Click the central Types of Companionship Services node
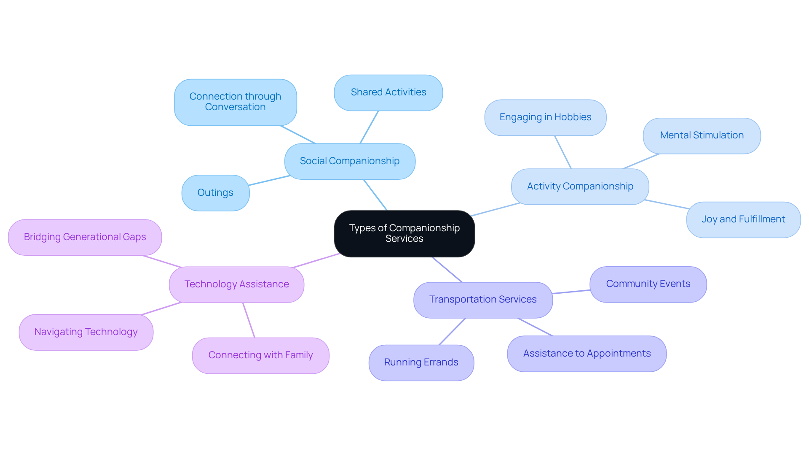click(x=404, y=233)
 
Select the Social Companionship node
click(x=350, y=161)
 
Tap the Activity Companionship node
click(x=580, y=187)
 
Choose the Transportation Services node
click(x=483, y=300)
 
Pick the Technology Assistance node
click(x=236, y=284)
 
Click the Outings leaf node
click(x=215, y=193)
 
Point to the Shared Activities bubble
click(x=388, y=92)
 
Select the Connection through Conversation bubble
click(x=235, y=102)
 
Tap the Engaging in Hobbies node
click(x=545, y=117)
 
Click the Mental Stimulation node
click(x=702, y=135)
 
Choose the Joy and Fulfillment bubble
click(x=743, y=219)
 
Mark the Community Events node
click(x=648, y=284)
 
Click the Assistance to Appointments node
click(x=587, y=354)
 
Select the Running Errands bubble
click(x=421, y=362)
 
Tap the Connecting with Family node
click(x=260, y=355)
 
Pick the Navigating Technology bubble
click(x=86, y=332)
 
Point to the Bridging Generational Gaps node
click(x=85, y=237)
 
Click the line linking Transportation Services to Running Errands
click(x=452, y=332)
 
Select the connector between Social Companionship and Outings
click(x=269, y=180)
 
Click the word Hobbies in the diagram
click(x=573, y=117)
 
